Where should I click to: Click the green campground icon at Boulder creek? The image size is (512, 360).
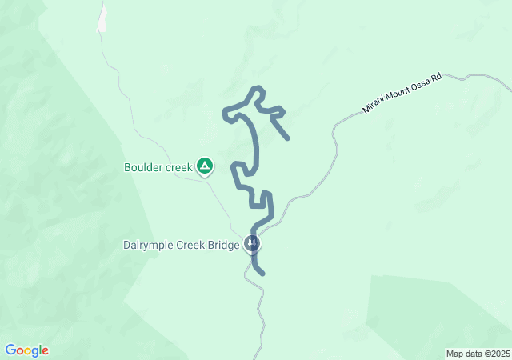[205, 166]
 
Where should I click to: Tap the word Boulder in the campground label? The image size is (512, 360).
[143, 167]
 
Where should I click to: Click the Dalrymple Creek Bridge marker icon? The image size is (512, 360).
[253, 244]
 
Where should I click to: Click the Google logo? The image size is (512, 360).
[26, 350]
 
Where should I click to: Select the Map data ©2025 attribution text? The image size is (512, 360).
[477, 354]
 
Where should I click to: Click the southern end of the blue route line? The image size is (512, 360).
[262, 274]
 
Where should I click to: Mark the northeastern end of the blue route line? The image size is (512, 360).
[287, 138]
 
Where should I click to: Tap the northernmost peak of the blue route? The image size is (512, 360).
[257, 88]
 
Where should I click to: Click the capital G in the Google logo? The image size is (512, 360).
[10, 350]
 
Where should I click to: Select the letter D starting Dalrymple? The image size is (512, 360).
[128, 246]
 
